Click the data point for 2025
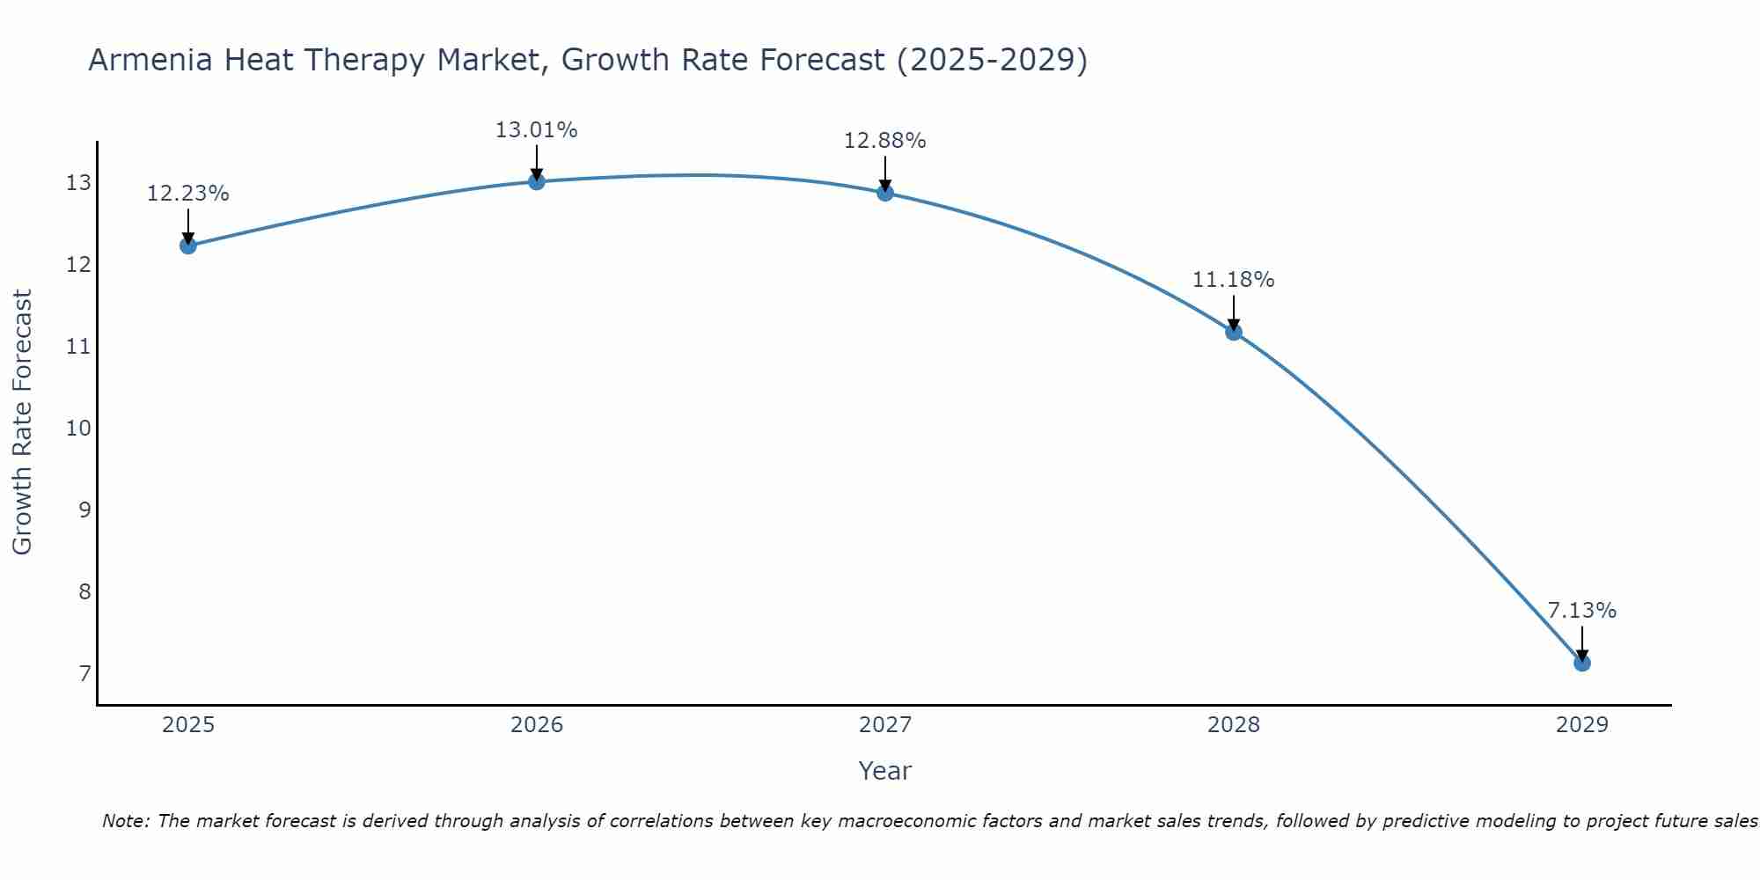pyautogui.click(x=187, y=246)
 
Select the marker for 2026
pyautogui.click(x=537, y=181)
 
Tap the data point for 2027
pyautogui.click(x=885, y=193)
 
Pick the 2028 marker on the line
pyautogui.click(x=1234, y=332)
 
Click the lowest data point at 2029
pyautogui.click(x=1582, y=663)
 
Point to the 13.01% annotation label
pyautogui.click(x=537, y=130)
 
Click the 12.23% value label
pyautogui.click(x=187, y=194)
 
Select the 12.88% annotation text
pyautogui.click(x=885, y=141)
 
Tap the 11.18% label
pyautogui.click(x=1234, y=280)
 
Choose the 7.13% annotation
pyautogui.click(x=1582, y=611)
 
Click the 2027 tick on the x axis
pyautogui.click(x=885, y=725)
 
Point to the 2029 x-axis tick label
pyautogui.click(x=1582, y=725)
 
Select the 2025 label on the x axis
pyautogui.click(x=188, y=725)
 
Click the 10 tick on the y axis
pyautogui.click(x=78, y=429)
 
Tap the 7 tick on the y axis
pyautogui.click(x=84, y=674)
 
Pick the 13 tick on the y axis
pyautogui.click(x=78, y=183)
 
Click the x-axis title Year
pyautogui.click(x=885, y=771)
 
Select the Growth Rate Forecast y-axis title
pyautogui.click(x=22, y=422)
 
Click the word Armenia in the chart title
pyautogui.click(x=150, y=60)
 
